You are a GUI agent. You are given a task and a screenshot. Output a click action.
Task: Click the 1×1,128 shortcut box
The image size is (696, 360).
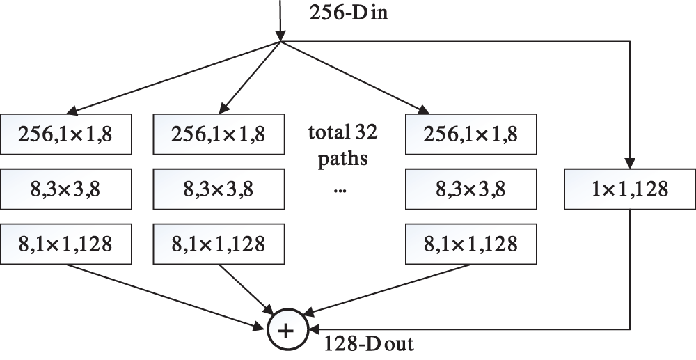(x=630, y=189)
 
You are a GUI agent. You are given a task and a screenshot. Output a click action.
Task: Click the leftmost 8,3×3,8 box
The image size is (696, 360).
(x=67, y=188)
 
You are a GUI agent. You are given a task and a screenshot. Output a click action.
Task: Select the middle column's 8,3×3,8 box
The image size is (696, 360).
(x=218, y=188)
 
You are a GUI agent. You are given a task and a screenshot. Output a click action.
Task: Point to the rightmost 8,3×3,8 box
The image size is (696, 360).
(x=470, y=188)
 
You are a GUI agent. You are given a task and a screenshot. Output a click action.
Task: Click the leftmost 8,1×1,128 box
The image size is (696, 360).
(x=67, y=244)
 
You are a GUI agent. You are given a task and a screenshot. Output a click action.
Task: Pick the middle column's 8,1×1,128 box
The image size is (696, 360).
(x=218, y=244)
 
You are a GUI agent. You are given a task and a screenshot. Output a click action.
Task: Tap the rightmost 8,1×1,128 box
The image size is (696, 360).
(x=470, y=244)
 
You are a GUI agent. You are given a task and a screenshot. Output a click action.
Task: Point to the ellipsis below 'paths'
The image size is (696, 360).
(x=340, y=189)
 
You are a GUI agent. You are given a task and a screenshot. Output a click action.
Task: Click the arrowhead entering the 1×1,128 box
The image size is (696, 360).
(x=630, y=163)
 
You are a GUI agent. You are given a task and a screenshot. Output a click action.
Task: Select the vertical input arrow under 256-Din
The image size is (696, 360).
(x=279, y=21)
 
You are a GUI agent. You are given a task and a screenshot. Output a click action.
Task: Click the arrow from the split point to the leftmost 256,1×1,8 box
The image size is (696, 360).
(x=174, y=77)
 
